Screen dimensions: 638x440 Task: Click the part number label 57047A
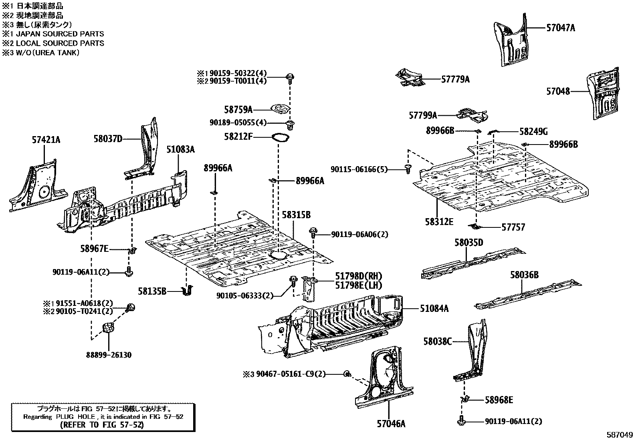(x=561, y=28)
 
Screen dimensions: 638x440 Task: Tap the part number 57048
(x=558, y=91)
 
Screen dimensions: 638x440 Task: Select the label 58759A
(x=238, y=110)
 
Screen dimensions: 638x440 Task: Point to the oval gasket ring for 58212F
(x=281, y=138)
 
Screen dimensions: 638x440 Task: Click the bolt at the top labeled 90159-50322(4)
(x=290, y=78)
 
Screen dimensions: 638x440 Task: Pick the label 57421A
(x=46, y=140)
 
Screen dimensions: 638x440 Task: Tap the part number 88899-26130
(x=109, y=355)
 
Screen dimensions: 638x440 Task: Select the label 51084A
(x=434, y=308)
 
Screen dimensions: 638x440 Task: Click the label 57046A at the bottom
(x=391, y=424)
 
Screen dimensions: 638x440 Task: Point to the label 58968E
(x=499, y=400)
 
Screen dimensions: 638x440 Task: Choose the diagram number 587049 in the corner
(x=620, y=434)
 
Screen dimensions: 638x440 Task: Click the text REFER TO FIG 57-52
(x=102, y=425)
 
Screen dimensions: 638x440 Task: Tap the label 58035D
(x=469, y=243)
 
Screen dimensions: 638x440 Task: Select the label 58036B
(x=524, y=275)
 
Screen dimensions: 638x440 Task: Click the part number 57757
(x=513, y=227)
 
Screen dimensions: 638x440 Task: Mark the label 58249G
(x=533, y=131)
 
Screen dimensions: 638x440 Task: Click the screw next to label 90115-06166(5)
(x=408, y=169)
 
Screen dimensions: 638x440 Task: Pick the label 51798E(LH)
(x=359, y=285)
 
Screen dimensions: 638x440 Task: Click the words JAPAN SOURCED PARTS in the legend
(x=60, y=34)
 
